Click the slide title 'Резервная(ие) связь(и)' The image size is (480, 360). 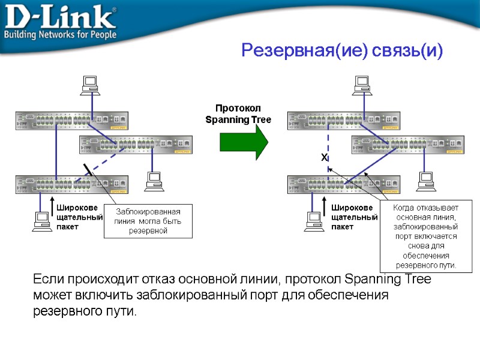coord(341,52)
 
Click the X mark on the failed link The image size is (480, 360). coord(324,157)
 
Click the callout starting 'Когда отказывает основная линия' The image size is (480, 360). coord(426,236)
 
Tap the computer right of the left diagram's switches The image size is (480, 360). coord(154,181)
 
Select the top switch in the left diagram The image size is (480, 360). coord(71,121)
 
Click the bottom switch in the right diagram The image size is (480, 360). coord(344,184)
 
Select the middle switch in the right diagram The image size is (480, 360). coord(408,145)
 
